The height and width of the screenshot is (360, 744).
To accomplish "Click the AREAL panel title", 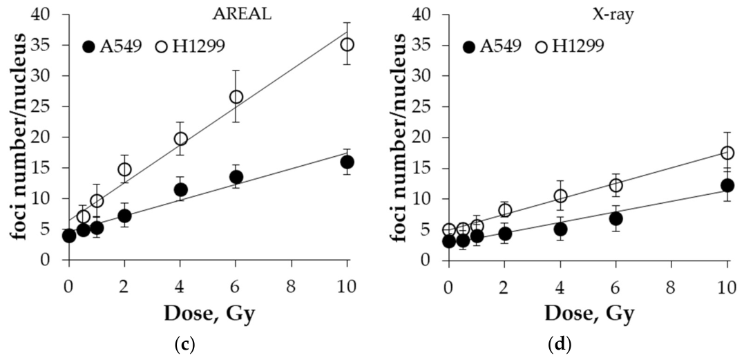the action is coord(242,15).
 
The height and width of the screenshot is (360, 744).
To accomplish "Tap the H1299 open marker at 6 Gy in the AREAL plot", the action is coord(236,97).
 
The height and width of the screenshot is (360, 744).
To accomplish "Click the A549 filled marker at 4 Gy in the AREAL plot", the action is coord(181,190).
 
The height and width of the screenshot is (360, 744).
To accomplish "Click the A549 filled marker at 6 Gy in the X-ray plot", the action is coord(616,218).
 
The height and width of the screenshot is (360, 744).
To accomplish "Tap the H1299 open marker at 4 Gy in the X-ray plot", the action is coord(561,196).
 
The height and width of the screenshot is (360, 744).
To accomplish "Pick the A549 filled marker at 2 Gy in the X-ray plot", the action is coord(505,234).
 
